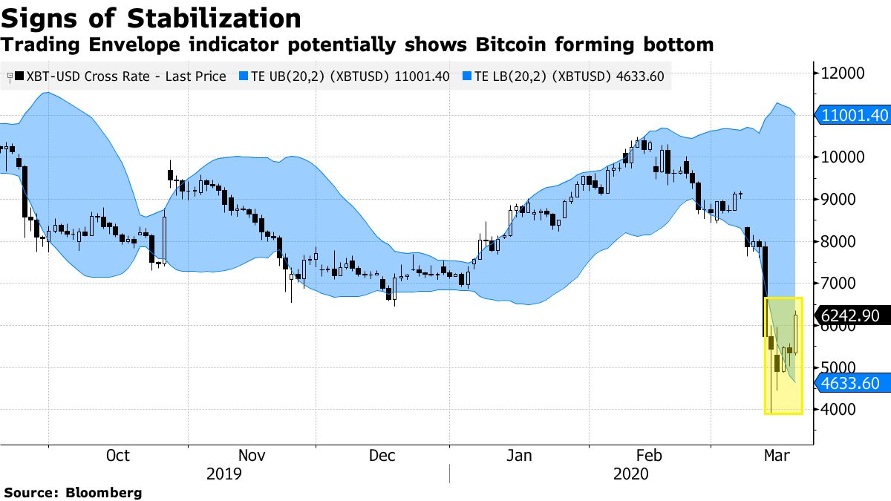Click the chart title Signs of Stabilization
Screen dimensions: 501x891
click(152, 18)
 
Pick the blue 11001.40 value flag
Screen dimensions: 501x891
click(854, 115)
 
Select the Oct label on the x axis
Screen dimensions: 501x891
click(118, 456)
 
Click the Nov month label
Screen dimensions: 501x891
click(252, 456)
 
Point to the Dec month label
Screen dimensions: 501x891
click(382, 456)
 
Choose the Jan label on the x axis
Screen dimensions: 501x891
click(518, 456)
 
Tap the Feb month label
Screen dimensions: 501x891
click(649, 456)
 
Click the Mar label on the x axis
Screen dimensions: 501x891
click(777, 456)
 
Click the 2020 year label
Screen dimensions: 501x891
click(631, 474)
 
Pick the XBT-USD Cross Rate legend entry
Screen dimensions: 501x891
click(119, 76)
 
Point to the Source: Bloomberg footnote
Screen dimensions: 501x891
click(73, 492)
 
